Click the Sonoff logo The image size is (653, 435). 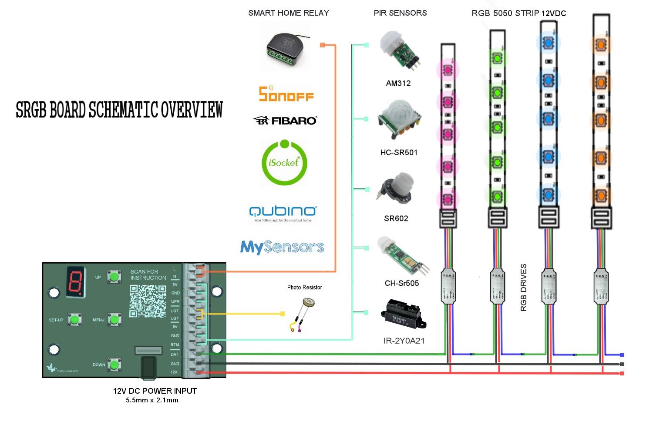pos(286,94)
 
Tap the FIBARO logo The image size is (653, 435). pos(286,120)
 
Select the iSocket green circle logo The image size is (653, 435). pos(284,162)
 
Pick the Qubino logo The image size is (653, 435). pos(283,212)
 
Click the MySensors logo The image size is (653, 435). pos(282,247)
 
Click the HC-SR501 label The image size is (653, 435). pos(399,153)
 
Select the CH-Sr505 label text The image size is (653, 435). pos(401,283)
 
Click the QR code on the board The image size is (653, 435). pos(148,301)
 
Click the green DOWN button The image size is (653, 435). pos(114,365)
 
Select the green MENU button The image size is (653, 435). pos(114,320)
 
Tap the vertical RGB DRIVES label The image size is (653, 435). pos(524,288)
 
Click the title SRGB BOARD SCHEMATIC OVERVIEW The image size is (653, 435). pos(119,110)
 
